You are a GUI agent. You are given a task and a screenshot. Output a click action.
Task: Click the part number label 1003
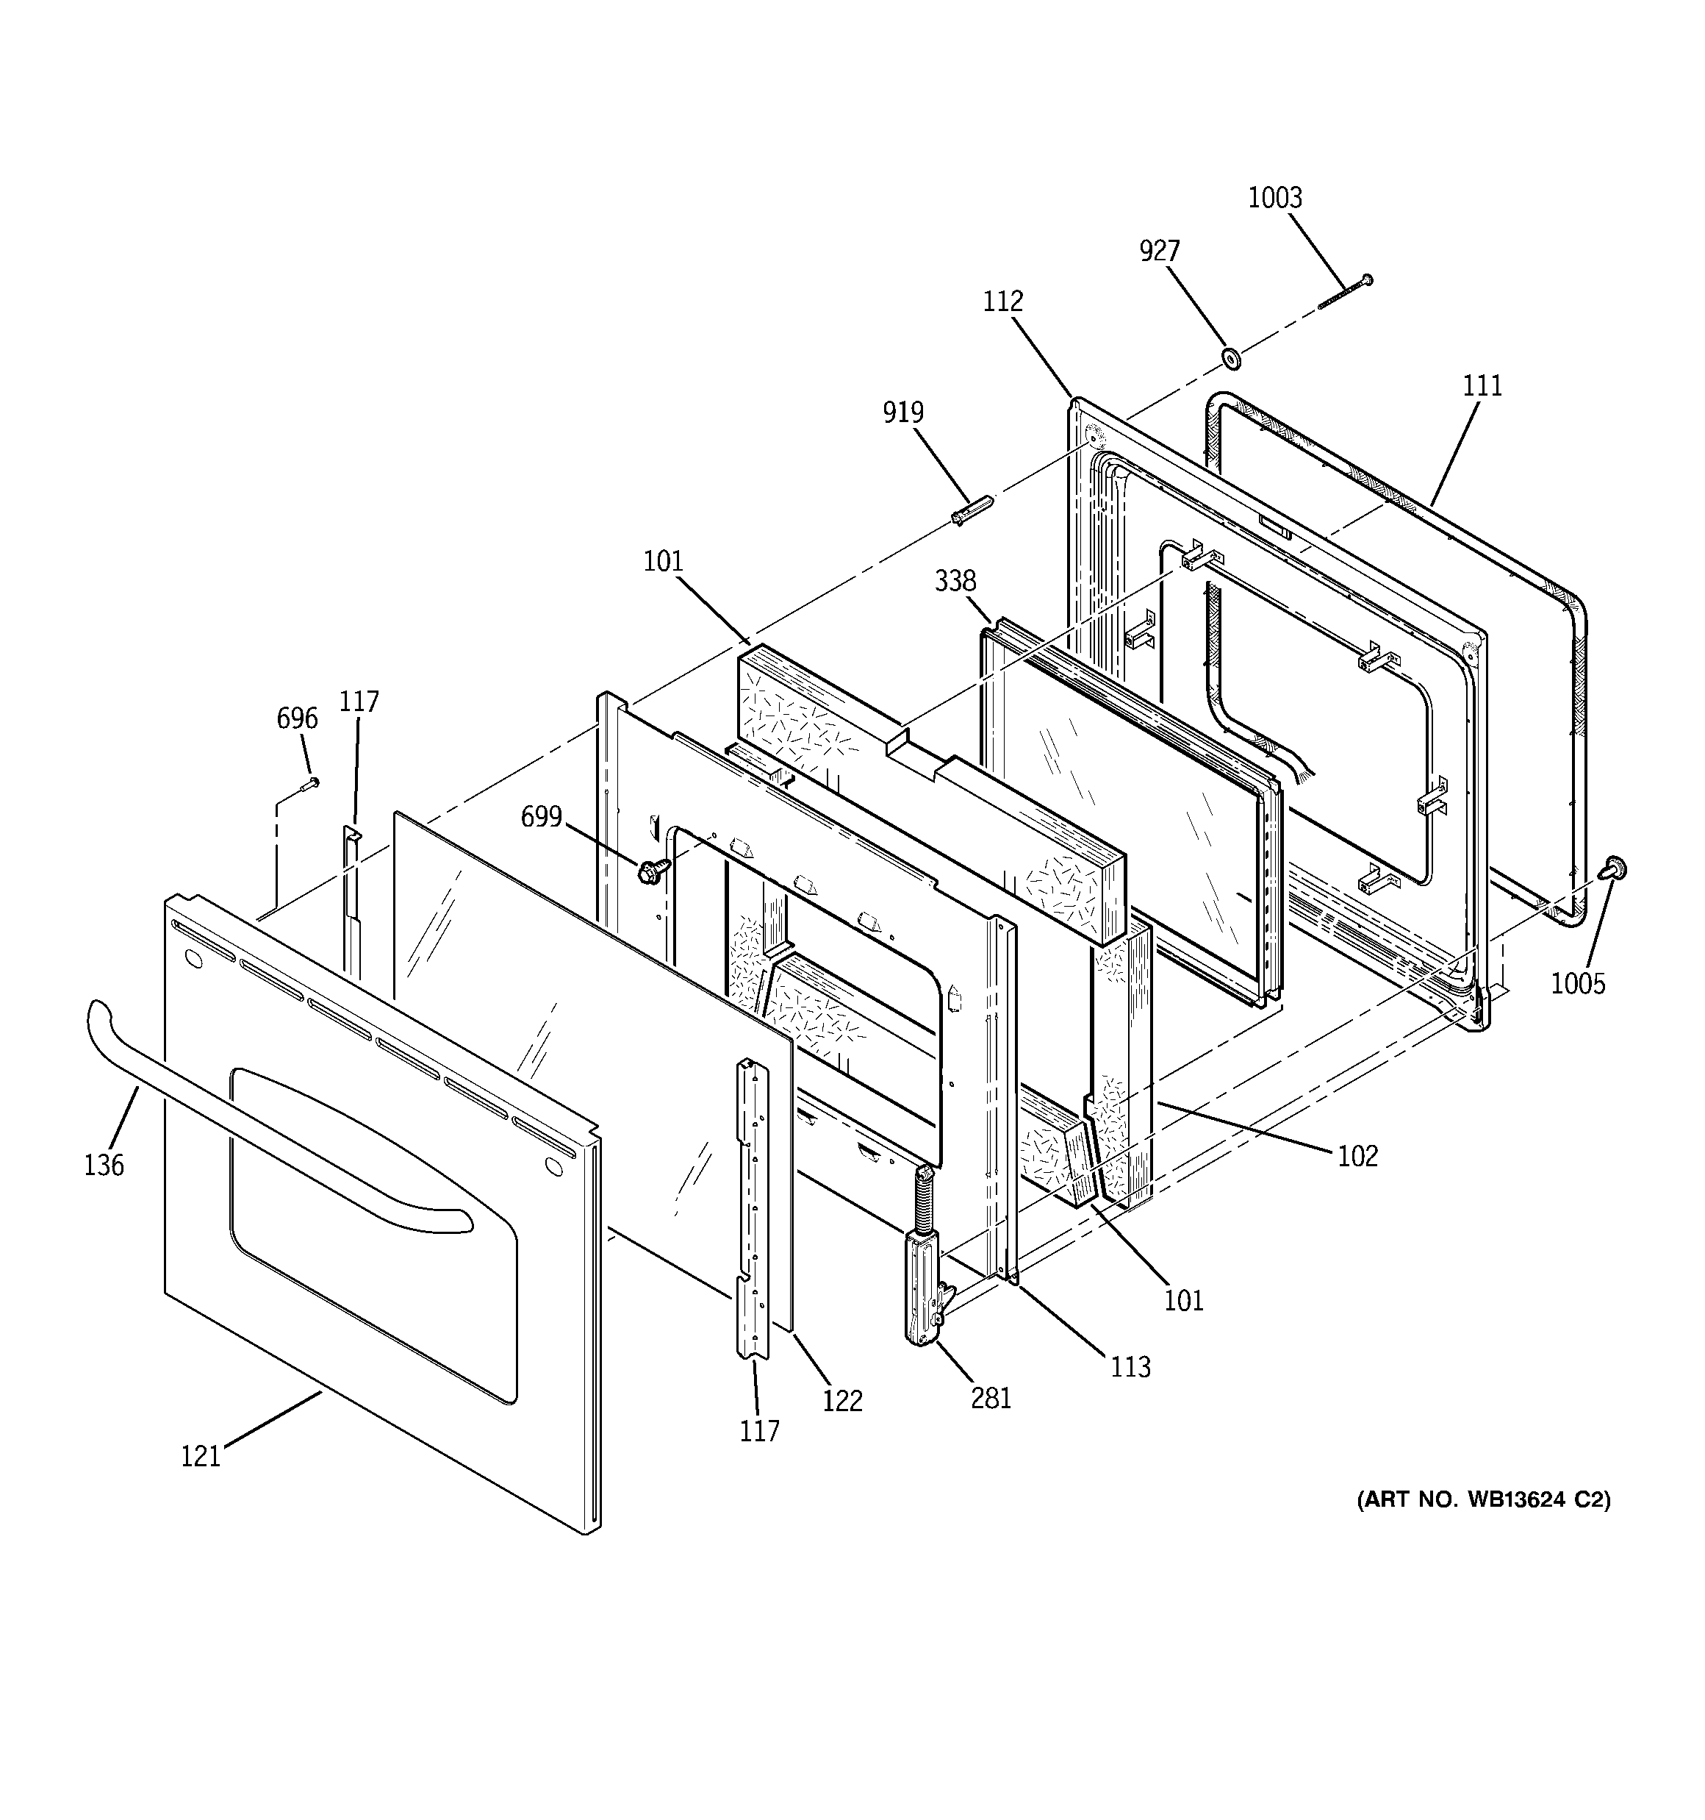tap(1275, 198)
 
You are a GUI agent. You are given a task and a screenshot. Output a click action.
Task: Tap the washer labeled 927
tap(1232, 358)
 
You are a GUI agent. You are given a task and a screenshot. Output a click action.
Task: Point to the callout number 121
tap(201, 1456)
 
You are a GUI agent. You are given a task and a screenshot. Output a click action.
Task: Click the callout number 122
tap(842, 1401)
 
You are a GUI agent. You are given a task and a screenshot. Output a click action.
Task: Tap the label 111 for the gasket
tap(1482, 386)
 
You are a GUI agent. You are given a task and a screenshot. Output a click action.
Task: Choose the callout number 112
tap(1003, 301)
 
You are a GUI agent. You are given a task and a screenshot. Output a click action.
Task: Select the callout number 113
tap(1130, 1367)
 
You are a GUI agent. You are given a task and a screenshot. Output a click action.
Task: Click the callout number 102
tap(1357, 1156)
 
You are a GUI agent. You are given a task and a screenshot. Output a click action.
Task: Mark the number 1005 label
tap(1578, 983)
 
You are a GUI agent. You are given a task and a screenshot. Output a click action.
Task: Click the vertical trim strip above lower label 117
tap(754, 1208)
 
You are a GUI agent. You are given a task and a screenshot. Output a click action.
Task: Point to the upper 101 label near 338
tap(663, 560)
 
